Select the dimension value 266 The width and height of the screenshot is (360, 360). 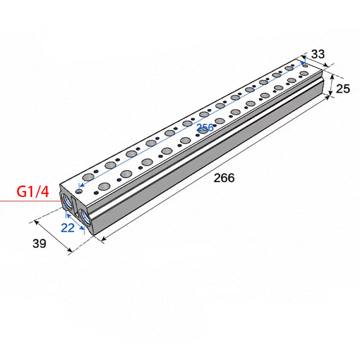[224, 178]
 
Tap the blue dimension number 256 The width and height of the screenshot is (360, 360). [205, 128]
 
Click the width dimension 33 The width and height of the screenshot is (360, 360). [318, 54]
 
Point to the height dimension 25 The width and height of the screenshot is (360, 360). [343, 89]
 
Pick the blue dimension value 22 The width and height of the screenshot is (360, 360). [68, 227]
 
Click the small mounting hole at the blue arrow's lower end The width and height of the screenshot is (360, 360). [79, 191]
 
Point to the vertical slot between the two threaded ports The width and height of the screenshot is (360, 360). [76, 208]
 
